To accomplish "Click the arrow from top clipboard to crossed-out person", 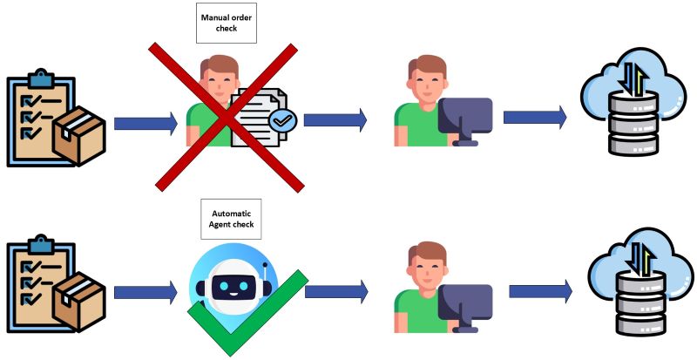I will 145,123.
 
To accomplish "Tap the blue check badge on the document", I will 281,119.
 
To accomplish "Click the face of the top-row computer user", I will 426,81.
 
